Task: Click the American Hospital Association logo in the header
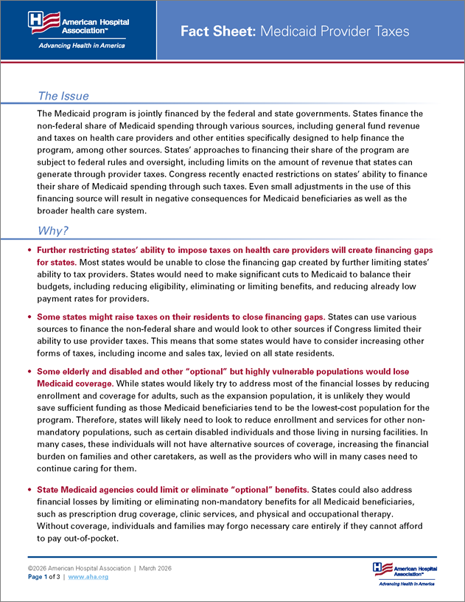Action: (x=77, y=23)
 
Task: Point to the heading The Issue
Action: (x=63, y=96)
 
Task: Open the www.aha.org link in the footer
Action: (x=88, y=577)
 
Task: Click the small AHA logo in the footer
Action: (x=404, y=572)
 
